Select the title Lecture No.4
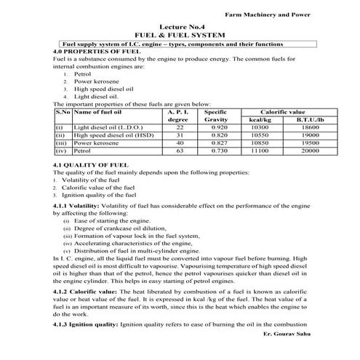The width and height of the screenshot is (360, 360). click(180, 28)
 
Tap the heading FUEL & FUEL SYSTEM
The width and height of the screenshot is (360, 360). click(180, 35)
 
